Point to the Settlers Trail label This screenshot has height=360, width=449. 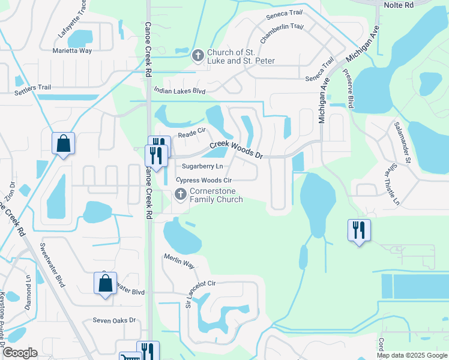[x=32, y=88]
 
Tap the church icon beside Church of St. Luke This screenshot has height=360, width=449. [x=197, y=56]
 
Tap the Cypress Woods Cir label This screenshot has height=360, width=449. [x=203, y=180]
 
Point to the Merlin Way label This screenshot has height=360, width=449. [x=179, y=261]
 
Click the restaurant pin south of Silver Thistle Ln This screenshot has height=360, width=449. [x=359, y=230]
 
